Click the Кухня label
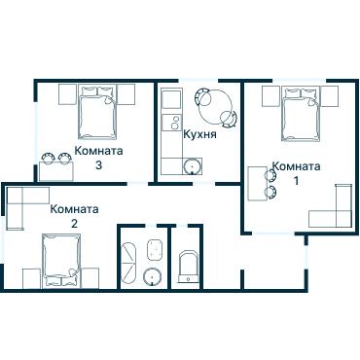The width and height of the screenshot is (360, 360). pyautogui.click(x=199, y=134)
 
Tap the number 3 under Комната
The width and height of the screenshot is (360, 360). pyautogui.click(x=98, y=165)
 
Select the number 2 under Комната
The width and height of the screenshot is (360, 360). pyautogui.click(x=74, y=224)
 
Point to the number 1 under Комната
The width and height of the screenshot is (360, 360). pyautogui.click(x=296, y=181)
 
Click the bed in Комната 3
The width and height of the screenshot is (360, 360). pyautogui.click(x=97, y=113)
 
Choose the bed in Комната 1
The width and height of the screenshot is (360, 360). pyautogui.click(x=301, y=114)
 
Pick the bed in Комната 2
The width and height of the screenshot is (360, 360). pyautogui.click(x=61, y=261)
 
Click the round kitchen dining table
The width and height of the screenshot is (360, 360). pyautogui.click(x=215, y=107)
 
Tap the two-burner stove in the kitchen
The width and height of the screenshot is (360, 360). pyautogui.click(x=171, y=123)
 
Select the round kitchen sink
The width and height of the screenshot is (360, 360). pyautogui.click(x=193, y=165)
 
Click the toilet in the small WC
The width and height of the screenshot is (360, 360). pyautogui.click(x=189, y=267)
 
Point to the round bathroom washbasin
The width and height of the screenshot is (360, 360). pyautogui.click(x=153, y=277)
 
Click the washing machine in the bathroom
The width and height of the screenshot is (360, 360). pyautogui.click(x=155, y=249)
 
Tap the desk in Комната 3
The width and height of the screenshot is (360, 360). pyautogui.click(x=56, y=171)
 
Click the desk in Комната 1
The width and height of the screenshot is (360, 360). pyautogui.click(x=258, y=184)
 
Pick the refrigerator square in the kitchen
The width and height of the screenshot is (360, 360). pyautogui.click(x=171, y=99)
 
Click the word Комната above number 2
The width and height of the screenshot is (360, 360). pyautogui.click(x=74, y=209)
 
